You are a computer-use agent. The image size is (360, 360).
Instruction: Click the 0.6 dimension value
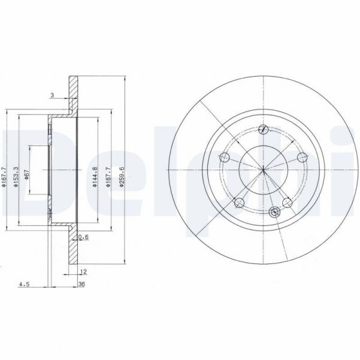tap(84, 238)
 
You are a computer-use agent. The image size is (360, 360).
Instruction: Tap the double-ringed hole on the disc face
tap(275, 211)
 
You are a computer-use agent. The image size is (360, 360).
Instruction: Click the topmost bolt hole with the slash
tap(263, 128)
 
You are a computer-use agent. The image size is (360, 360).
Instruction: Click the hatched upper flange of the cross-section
tap(73, 96)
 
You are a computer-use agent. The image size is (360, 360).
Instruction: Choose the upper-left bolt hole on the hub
tap(225, 158)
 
